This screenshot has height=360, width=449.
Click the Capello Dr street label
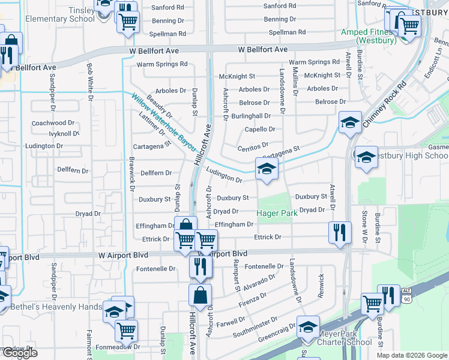pyautogui.click(x=260, y=129)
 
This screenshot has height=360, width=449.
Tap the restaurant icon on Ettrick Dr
pyautogui.click(x=340, y=232)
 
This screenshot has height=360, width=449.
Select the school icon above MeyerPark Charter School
pyautogui.click(x=308, y=326)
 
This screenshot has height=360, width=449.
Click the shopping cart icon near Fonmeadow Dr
pyautogui.click(x=126, y=330)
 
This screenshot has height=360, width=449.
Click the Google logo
pyautogui.click(x=20, y=353)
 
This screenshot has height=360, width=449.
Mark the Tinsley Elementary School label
pyautogui.click(x=60, y=14)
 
